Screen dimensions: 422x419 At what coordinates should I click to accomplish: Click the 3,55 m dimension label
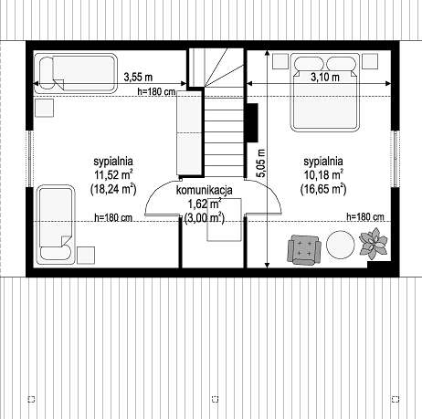138,77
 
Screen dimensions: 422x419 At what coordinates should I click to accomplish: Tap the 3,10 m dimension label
325,77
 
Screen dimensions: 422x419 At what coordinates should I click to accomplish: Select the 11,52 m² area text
113,175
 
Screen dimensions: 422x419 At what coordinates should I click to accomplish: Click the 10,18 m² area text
323,175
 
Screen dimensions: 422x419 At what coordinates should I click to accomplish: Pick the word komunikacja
205,190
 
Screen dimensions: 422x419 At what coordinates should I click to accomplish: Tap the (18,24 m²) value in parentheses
113,189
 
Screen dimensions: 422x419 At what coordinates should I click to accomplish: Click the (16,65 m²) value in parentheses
323,189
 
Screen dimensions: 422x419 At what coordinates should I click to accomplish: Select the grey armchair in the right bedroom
304,249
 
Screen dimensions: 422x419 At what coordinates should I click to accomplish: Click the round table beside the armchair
341,245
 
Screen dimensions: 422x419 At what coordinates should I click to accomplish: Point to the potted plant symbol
374,244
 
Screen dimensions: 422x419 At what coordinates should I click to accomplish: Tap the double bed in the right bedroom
324,92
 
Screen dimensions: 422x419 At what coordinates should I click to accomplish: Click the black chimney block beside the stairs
252,122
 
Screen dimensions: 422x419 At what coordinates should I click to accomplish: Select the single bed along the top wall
75,73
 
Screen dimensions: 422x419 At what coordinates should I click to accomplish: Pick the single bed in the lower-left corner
56,225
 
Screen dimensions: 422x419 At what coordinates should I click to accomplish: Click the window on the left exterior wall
30,158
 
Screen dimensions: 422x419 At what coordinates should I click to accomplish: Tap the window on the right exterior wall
395,159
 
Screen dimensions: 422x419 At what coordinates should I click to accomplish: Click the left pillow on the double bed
309,64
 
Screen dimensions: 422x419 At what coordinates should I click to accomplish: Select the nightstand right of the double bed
370,61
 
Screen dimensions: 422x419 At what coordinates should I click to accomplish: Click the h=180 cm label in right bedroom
365,217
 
